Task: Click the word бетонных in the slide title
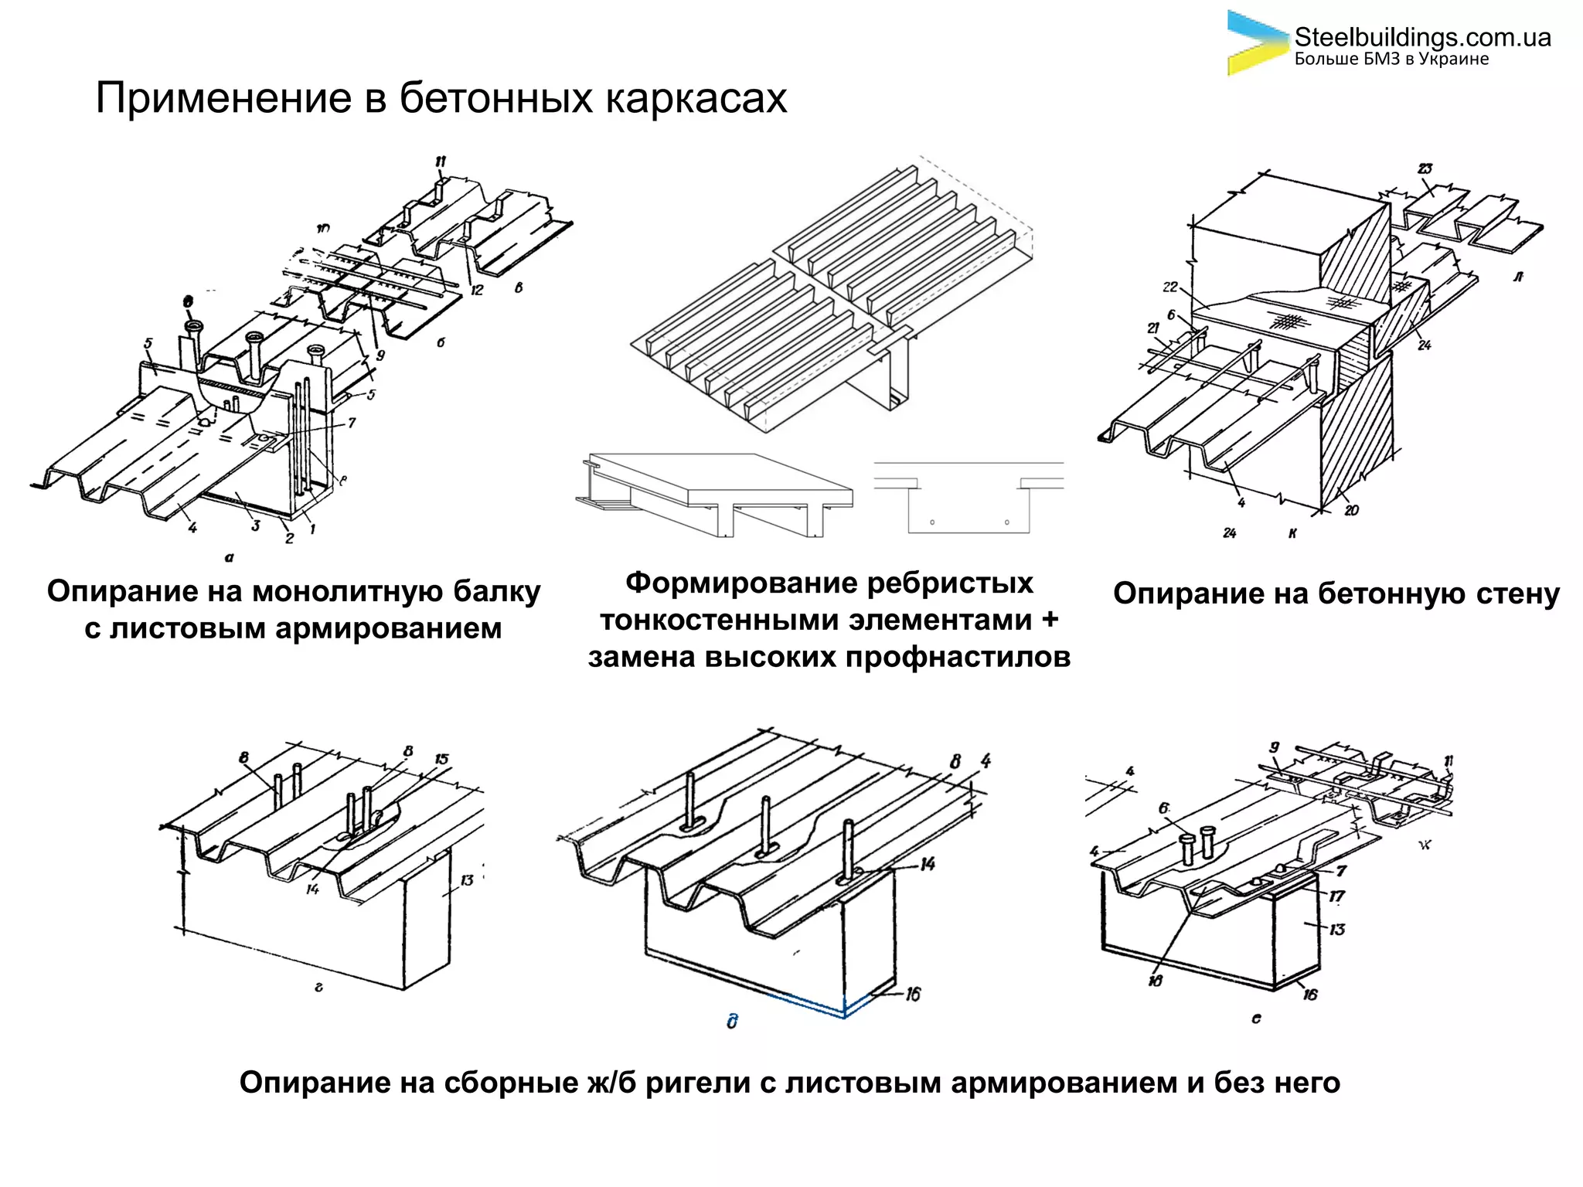point(495,99)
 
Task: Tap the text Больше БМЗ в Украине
point(1391,60)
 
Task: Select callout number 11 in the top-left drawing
point(441,162)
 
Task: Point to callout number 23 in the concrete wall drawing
point(1425,168)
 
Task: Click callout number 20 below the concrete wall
point(1351,510)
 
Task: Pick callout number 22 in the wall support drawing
point(1169,287)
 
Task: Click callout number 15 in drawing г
point(441,759)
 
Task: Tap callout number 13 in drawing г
point(467,880)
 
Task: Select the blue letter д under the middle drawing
point(732,1022)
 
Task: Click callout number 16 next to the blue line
point(913,994)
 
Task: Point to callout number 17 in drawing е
point(1336,896)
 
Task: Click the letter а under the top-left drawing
point(229,556)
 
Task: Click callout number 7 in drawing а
point(352,423)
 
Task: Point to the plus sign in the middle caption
point(1049,620)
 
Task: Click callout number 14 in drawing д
point(928,863)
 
